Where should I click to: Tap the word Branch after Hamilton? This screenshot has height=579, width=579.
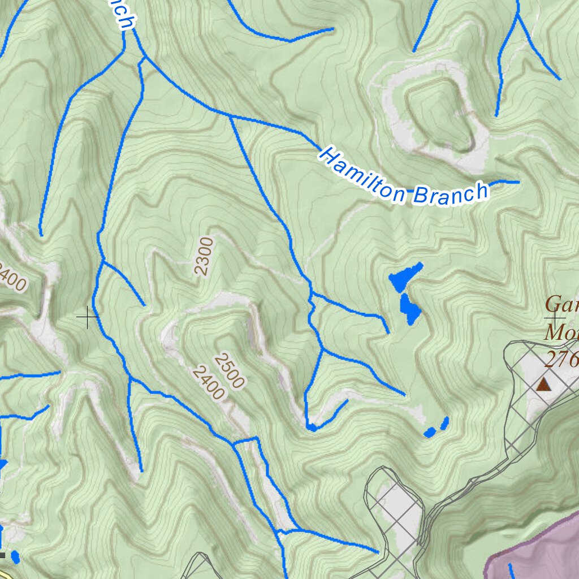tap(450, 193)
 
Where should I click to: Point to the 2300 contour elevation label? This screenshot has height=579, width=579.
tap(204, 256)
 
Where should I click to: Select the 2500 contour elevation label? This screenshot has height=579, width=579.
tap(229, 371)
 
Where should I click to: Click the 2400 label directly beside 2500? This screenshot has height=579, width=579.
tap(208, 383)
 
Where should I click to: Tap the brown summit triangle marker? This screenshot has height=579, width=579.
tap(543, 385)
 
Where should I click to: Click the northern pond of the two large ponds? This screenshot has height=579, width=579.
tap(405, 275)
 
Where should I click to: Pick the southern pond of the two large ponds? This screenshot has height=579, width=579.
tap(409, 309)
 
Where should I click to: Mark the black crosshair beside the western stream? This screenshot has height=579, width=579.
tap(88, 317)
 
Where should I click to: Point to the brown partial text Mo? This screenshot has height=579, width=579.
tap(560, 331)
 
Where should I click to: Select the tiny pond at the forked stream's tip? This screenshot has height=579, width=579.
tap(312, 427)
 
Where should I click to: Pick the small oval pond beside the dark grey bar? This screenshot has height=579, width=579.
tap(15, 557)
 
